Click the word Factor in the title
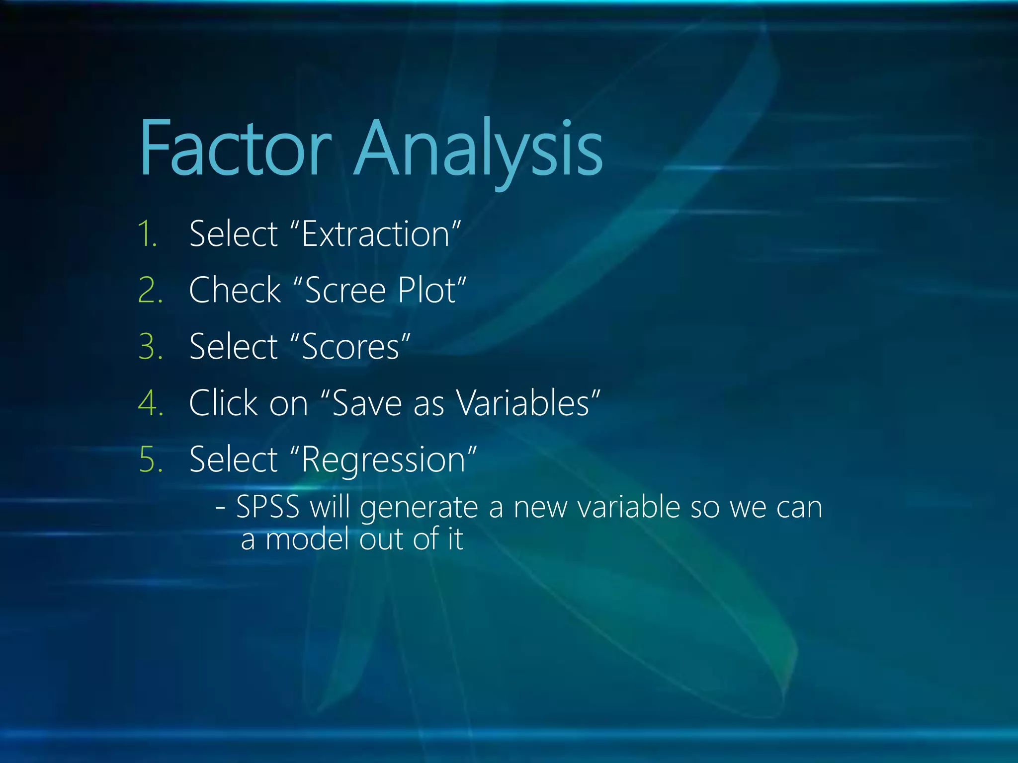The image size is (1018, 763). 235,149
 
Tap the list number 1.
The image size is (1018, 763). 148,234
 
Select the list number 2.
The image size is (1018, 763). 150,290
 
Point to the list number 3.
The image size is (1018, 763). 150,347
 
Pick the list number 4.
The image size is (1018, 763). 150,403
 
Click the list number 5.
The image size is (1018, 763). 150,459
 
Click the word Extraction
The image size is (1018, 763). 376,234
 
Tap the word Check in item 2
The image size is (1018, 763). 235,290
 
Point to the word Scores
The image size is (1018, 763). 350,347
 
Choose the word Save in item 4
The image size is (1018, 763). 367,403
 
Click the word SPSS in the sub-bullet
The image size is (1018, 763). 268,508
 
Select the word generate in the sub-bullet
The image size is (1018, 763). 419,509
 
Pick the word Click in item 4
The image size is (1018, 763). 224,403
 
